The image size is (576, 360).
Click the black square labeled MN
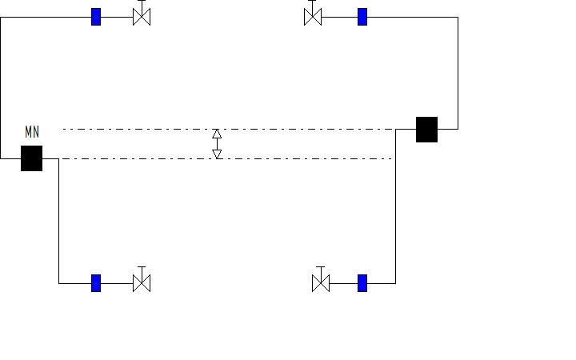coord(31,158)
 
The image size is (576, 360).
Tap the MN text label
coord(32,133)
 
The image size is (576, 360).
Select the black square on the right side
coord(426,129)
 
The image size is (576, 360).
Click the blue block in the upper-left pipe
coord(96,17)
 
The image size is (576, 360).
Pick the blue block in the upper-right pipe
coord(362,17)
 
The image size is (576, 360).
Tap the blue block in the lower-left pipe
coord(96,283)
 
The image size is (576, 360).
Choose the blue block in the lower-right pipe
coord(362,283)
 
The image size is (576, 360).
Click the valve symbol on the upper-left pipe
coord(142,17)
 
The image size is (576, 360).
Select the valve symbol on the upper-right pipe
coord(313,17)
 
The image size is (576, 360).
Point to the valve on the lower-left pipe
coord(142,283)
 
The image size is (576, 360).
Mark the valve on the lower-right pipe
coord(321,283)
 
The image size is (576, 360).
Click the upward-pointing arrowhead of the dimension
coord(217,134)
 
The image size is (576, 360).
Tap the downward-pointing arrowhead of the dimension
coord(217,154)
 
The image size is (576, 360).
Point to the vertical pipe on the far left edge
coord(1,88)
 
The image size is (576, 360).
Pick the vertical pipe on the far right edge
coord(458,72)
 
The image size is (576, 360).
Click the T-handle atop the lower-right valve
coord(321,267)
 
